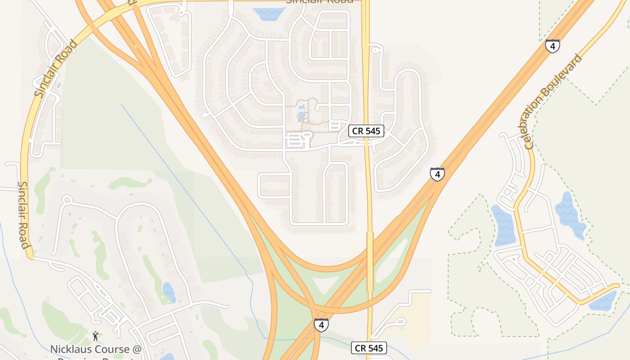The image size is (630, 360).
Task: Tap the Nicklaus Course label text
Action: (96, 349)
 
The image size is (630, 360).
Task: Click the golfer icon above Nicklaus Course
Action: (95, 336)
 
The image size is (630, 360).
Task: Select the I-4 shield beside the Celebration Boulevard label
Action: (553, 46)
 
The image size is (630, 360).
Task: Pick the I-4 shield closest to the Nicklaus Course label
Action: (321, 325)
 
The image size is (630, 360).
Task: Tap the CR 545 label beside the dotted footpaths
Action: (366, 131)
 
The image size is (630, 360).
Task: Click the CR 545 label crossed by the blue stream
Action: (369, 348)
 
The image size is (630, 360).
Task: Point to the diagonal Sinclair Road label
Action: (56, 69)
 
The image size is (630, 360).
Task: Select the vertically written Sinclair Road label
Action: (23, 215)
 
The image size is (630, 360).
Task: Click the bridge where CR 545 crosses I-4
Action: (370, 261)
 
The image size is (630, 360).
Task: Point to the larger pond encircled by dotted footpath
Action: (301, 116)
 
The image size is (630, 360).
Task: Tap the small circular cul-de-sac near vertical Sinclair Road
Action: (67, 199)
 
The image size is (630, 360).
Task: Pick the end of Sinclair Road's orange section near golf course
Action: (30, 258)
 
